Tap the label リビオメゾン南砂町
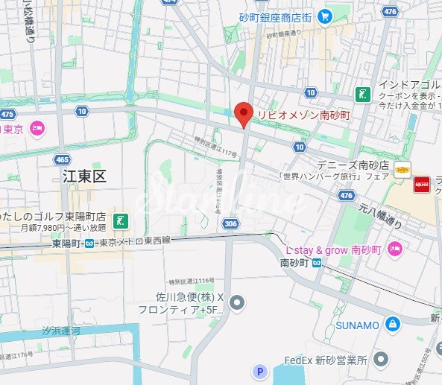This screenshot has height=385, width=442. [x=303, y=115]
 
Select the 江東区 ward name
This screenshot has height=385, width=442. [x=84, y=176]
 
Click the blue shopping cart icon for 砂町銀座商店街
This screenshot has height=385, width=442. [x=324, y=16]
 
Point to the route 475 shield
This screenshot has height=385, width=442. [x=8, y=114]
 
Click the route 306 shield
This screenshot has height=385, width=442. [x=230, y=223]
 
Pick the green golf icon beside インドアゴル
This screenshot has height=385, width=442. [x=362, y=94]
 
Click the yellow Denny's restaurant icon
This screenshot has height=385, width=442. [x=402, y=170]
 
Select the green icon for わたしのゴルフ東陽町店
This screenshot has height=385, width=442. [x=120, y=220]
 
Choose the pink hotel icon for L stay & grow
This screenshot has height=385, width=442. [x=395, y=249]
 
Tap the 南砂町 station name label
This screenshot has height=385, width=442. [x=294, y=263]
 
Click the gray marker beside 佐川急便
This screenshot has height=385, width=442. [x=238, y=302]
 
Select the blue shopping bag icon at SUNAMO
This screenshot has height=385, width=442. [x=391, y=324]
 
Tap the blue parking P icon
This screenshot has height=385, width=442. [x=259, y=371]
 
